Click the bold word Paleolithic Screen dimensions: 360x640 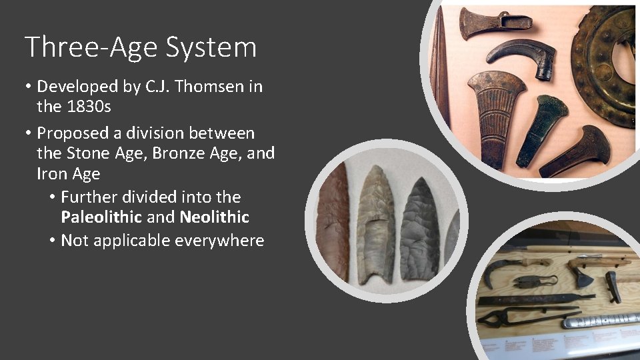click(x=101, y=217)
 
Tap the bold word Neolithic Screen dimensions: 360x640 click(x=214, y=217)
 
